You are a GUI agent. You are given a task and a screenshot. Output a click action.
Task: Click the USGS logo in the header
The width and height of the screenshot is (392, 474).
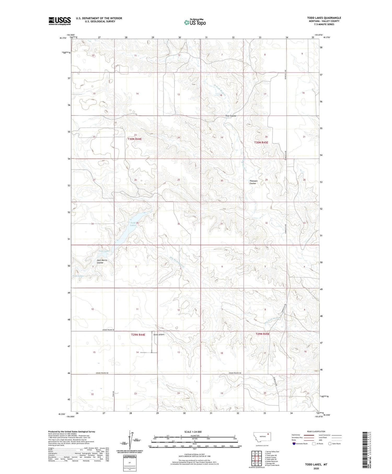click(60, 21)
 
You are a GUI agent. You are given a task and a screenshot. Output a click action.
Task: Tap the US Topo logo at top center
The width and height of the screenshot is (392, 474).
click(195, 22)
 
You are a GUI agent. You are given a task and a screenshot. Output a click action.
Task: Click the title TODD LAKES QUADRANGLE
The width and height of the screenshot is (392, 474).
click(324, 18)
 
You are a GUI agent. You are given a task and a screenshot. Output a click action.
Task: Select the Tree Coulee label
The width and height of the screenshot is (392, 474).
click(231, 116)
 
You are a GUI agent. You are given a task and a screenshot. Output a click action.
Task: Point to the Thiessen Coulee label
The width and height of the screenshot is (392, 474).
click(253, 182)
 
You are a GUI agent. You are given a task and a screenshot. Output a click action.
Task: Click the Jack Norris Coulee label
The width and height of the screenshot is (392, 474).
click(102, 261)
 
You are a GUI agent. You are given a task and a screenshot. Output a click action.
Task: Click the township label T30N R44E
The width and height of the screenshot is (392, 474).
click(134, 139)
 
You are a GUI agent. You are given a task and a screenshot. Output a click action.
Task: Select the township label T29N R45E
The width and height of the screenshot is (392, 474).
click(262, 334)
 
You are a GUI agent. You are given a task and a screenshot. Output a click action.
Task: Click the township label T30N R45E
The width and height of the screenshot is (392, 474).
click(261, 142)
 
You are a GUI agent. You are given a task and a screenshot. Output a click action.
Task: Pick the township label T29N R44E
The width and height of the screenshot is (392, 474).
click(138, 335)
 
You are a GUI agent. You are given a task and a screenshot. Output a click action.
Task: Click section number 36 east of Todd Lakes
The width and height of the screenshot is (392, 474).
click(178, 224)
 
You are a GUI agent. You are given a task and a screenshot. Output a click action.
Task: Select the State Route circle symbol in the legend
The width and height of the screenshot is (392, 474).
click(330, 443)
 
